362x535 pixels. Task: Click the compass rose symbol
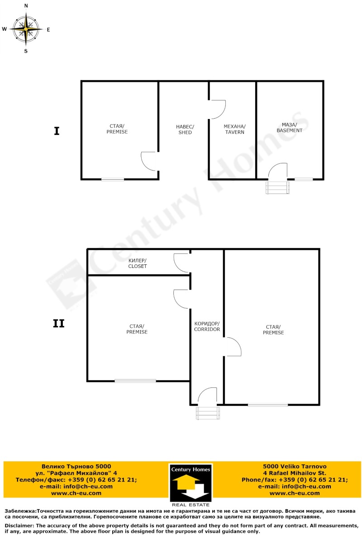(x=26, y=29)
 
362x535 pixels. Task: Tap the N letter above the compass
(x=26, y=6)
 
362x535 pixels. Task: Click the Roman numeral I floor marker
(x=57, y=131)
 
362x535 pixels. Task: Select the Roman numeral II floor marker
(x=59, y=324)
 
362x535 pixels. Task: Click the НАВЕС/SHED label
(x=185, y=129)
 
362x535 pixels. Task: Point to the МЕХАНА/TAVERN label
(x=234, y=129)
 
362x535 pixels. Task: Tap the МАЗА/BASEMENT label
(x=289, y=127)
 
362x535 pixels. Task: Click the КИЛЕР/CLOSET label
(x=138, y=263)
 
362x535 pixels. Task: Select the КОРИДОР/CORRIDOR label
(x=207, y=326)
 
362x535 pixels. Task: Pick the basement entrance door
(x=278, y=171)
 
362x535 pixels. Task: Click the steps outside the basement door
(x=277, y=187)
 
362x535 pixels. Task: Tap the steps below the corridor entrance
(x=208, y=413)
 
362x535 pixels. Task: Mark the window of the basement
(x=304, y=179)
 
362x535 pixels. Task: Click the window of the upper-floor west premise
(x=135, y=381)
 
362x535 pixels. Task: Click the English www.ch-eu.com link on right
(x=295, y=493)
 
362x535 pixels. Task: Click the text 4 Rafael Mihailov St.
(x=295, y=473)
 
